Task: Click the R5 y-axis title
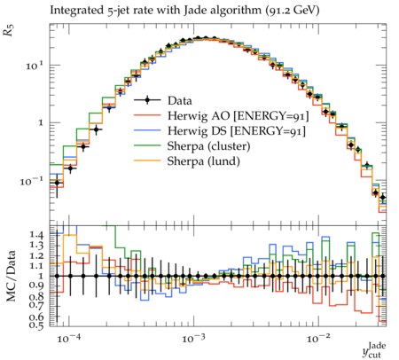(9, 31)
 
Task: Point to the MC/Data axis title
(12, 276)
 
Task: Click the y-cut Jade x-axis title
(374, 350)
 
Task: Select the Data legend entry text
(180, 101)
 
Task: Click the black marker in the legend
(147, 100)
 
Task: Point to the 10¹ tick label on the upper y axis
(35, 66)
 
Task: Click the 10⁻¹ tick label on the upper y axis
(32, 181)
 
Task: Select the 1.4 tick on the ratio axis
(36, 235)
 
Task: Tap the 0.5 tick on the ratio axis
(36, 325)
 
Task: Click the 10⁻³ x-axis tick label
(193, 338)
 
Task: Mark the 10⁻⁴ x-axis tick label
(68, 338)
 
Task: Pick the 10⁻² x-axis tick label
(318, 338)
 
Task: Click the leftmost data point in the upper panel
(57, 183)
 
